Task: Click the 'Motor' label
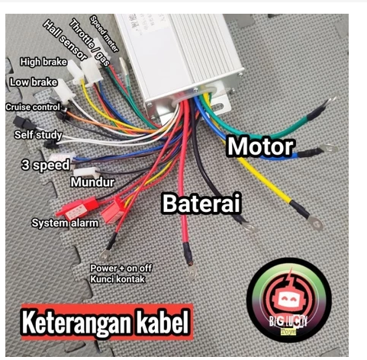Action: tap(260, 146)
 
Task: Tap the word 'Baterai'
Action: tap(201, 204)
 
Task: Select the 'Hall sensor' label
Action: tap(65, 40)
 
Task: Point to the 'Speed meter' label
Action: tap(105, 34)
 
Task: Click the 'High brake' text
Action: tap(43, 62)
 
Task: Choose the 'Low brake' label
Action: tap(34, 82)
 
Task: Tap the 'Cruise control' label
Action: tap(33, 107)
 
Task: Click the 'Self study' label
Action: tap(38, 135)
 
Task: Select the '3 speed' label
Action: tap(46, 166)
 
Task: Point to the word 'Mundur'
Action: tap(92, 182)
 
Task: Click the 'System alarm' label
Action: tap(65, 223)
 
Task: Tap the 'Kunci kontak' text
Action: tap(118, 279)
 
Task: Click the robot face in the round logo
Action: tap(288, 298)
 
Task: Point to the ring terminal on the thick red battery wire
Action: tap(192, 272)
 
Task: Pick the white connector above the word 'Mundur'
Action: tap(86, 172)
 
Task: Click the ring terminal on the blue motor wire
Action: tap(330, 148)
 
